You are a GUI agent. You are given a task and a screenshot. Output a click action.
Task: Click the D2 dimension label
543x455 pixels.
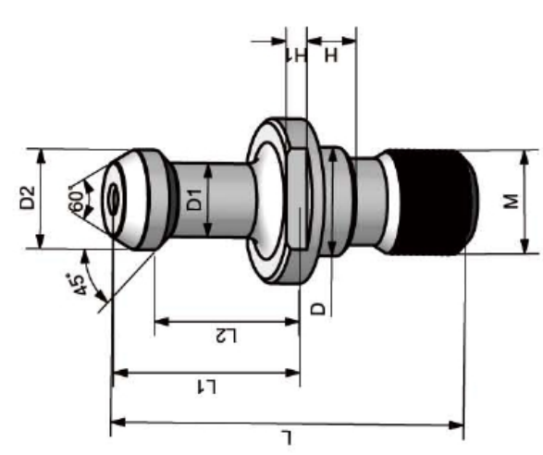28,198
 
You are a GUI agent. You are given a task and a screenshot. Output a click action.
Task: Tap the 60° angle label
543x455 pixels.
77,200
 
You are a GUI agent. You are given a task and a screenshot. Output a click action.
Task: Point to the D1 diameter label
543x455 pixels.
194,200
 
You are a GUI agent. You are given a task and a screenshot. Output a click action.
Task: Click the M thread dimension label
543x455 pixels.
512,202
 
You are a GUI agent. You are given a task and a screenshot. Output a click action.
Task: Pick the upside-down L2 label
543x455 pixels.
226,336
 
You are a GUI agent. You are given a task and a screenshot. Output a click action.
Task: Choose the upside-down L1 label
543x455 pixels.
206,387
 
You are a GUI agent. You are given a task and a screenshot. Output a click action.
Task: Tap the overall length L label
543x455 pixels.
287,437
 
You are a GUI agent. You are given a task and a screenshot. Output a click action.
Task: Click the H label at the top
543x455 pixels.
331,55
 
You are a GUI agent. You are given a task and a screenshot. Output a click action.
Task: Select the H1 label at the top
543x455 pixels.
297,55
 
